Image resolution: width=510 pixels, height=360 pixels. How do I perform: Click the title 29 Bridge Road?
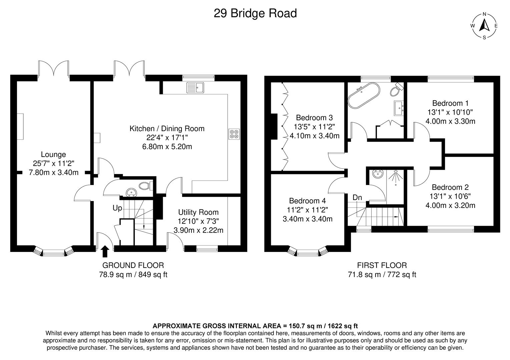click(255, 14)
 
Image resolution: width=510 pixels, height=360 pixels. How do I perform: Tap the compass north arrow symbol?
click(484, 25)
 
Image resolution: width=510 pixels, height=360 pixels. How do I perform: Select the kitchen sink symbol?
click(196, 88)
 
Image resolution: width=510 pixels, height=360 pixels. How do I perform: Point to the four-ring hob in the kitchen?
click(234, 134)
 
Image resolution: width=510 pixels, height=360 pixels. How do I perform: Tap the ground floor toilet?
click(145, 186)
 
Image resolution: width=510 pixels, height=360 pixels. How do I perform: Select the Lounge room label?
click(53, 155)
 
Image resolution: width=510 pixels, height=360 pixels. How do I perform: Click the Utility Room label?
click(198, 212)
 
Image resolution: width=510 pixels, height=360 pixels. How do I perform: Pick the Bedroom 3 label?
click(314, 118)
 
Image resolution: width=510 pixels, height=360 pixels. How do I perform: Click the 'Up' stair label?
click(117, 208)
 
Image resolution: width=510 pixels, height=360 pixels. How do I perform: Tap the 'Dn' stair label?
click(357, 198)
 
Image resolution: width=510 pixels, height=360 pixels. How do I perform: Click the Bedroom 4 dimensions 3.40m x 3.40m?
click(308, 219)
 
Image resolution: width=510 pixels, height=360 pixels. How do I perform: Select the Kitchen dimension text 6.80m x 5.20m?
click(167, 147)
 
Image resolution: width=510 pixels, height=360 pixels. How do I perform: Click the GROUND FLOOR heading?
click(133, 265)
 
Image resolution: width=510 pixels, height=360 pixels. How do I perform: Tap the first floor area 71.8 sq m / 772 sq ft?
click(382, 275)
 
